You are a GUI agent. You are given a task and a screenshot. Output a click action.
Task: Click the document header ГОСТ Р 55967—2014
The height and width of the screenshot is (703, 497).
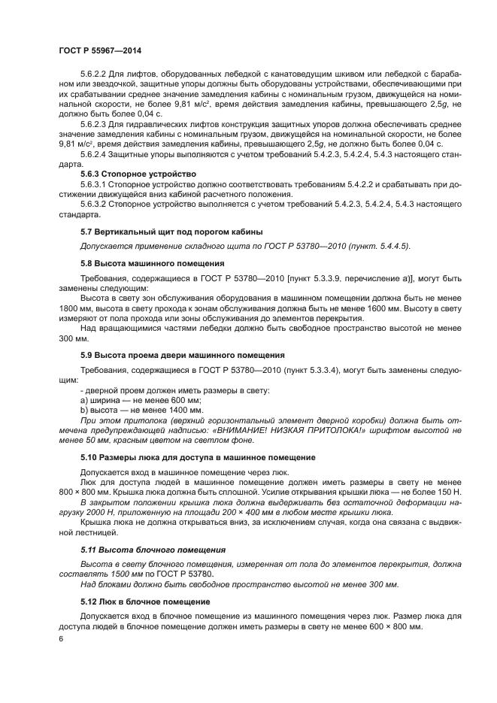(x=99, y=50)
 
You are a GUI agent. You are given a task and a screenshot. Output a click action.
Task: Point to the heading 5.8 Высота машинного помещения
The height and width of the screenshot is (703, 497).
(x=152, y=263)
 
